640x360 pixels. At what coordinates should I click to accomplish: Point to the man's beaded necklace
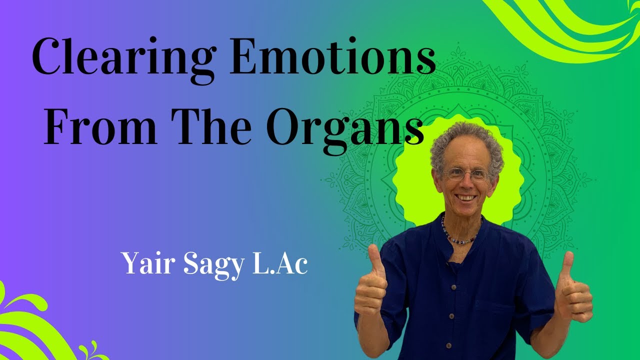pyautogui.click(x=460, y=235)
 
